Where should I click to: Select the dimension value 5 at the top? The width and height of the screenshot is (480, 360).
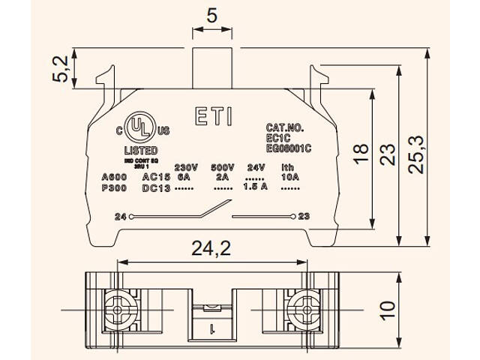click(212, 14)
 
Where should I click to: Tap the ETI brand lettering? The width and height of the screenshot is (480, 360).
click(214, 117)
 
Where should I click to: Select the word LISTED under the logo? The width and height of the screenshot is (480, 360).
click(140, 150)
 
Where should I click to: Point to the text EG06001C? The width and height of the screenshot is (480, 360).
click(288, 148)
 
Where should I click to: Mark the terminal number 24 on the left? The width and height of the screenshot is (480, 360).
click(121, 217)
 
